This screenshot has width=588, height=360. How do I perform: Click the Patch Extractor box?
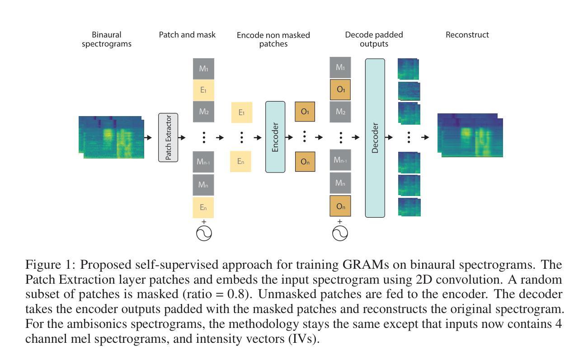coord(168,137)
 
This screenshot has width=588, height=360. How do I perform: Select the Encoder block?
coord(275,137)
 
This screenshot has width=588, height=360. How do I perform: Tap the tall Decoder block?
coord(375,138)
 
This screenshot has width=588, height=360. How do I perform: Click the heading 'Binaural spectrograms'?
coord(107,39)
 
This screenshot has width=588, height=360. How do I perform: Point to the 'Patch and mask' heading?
coord(187,35)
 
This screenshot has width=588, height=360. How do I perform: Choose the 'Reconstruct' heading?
coord(467,35)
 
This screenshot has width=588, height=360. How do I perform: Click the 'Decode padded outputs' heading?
coord(374,39)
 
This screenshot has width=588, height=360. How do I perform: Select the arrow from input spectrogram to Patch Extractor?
coord(148,137)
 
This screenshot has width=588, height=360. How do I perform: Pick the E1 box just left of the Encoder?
coord(242,112)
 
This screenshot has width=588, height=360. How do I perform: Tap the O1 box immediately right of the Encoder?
coord(305,112)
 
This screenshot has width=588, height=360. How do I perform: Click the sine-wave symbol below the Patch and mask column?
coord(204,233)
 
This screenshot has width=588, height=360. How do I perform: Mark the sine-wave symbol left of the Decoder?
coord(340,233)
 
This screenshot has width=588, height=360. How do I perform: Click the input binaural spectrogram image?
coord(111,137)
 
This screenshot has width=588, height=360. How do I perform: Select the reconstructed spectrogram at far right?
coord(470,135)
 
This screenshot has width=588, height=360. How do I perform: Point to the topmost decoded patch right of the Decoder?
coord(408,69)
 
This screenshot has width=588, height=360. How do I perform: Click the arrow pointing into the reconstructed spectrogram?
coord(425,137)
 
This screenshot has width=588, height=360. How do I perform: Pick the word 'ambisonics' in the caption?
coord(97,324)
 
